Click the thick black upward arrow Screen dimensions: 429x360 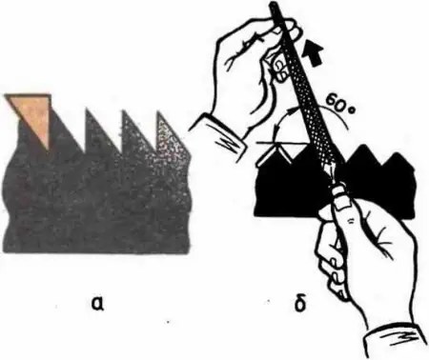click(314, 53)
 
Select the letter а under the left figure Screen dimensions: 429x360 click(98, 304)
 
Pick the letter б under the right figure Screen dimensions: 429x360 click(299, 304)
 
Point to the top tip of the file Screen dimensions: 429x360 click(273, 4)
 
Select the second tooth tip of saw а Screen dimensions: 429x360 click(87, 110)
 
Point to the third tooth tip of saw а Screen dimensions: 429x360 click(123, 110)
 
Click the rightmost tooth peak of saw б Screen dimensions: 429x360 click(398, 153)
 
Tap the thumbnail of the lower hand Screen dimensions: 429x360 click(341, 206)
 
